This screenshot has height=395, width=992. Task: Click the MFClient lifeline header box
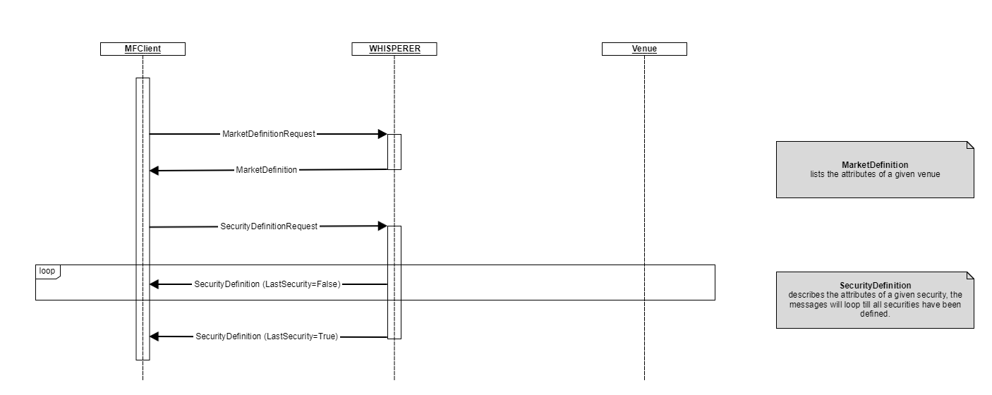(143, 49)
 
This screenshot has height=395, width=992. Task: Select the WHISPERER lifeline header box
(394, 49)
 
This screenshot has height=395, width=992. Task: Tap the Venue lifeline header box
(644, 49)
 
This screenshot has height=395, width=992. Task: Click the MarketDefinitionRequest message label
(268, 134)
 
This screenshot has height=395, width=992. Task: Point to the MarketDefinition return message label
(266, 170)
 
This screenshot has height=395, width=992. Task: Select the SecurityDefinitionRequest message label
(269, 226)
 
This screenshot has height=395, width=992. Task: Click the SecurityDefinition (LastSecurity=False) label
(267, 284)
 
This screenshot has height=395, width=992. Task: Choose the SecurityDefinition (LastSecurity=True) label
(267, 337)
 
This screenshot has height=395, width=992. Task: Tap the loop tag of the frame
(47, 271)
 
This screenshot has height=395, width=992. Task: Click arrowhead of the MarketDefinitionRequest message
(382, 134)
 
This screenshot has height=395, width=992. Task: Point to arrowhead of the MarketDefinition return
(155, 171)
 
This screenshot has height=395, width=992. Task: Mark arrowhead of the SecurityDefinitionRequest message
(382, 226)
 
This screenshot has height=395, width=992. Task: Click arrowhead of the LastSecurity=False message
(155, 284)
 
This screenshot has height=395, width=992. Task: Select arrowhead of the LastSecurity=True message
(155, 337)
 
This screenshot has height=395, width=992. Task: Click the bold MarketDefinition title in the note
(875, 165)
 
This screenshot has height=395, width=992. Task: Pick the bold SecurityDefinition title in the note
(875, 286)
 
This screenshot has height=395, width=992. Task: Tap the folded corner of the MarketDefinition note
(969, 145)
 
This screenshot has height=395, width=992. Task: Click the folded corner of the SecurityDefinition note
(969, 276)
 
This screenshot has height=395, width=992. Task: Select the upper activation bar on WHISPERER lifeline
(394, 152)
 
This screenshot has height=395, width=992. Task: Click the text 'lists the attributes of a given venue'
(875, 174)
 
